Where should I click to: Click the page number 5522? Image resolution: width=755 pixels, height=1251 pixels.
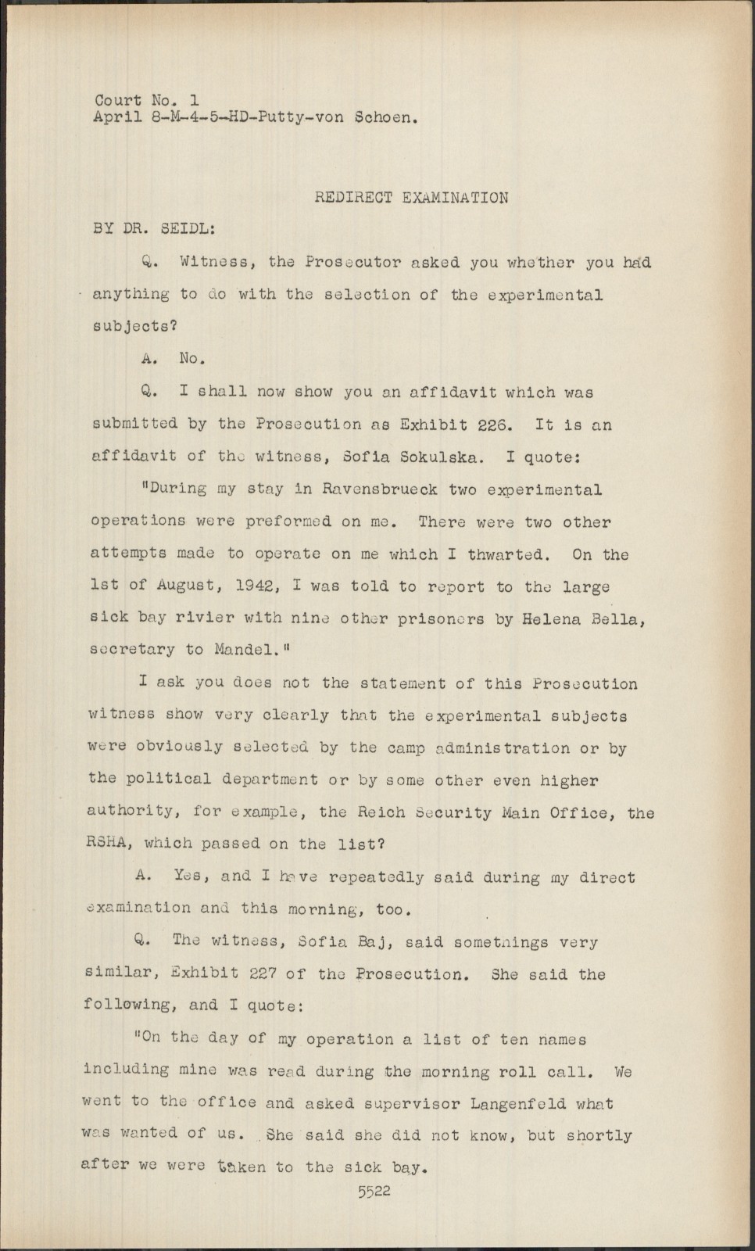pyautogui.click(x=374, y=1192)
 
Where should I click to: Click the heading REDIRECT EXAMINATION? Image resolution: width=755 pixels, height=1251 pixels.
pyautogui.click(x=411, y=198)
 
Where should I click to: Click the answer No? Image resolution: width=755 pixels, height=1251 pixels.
pyautogui.click(x=191, y=359)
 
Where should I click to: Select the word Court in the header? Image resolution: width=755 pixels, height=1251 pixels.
pyautogui.click(x=118, y=101)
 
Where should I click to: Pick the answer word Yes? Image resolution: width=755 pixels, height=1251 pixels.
pyautogui.click(x=188, y=877)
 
